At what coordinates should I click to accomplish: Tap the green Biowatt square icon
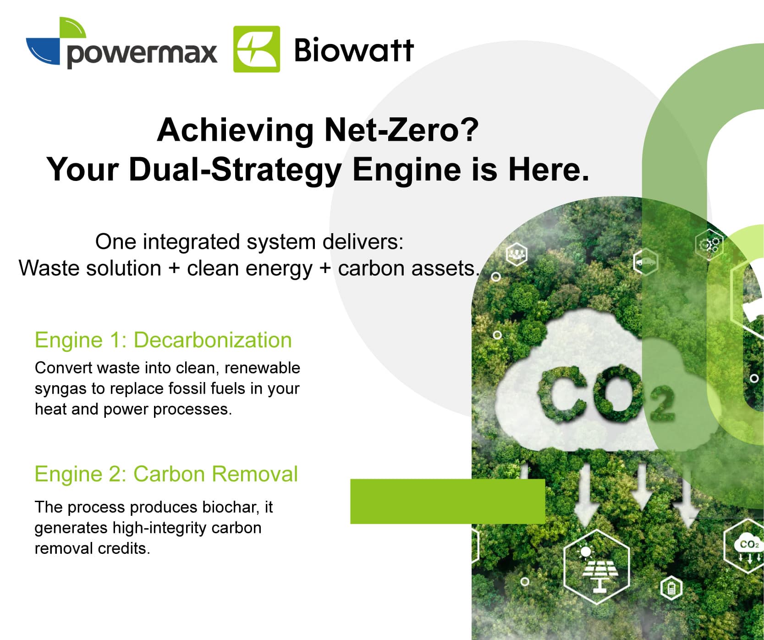tap(257, 49)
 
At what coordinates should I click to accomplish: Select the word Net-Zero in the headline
tap(401, 130)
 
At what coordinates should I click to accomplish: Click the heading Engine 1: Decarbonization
tap(163, 340)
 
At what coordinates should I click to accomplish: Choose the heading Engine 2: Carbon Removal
tap(166, 474)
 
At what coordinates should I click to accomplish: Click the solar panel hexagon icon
tap(596, 567)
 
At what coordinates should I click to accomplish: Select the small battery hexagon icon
tap(671, 588)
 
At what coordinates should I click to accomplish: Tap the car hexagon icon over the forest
tap(645, 262)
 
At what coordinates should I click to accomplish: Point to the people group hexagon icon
tap(517, 254)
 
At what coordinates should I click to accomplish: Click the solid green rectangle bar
tap(448, 501)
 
